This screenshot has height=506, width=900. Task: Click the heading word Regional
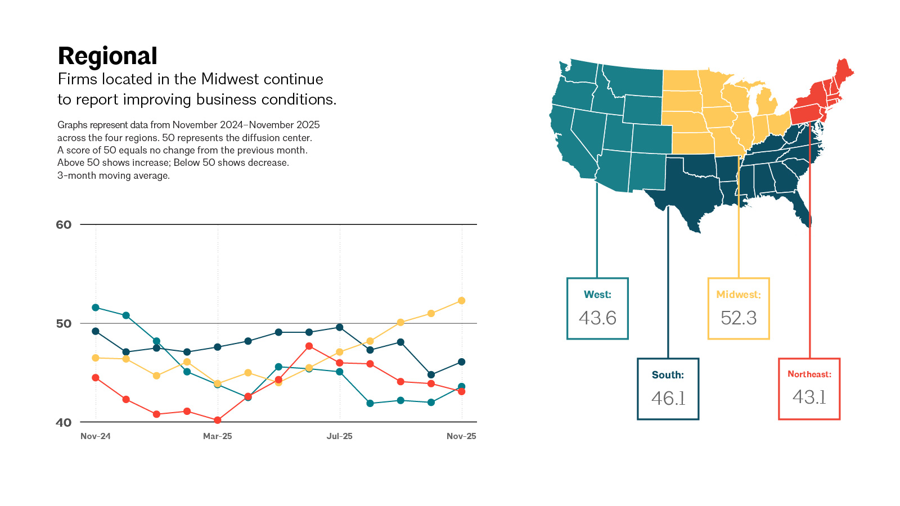107,56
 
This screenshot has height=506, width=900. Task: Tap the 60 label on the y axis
64,224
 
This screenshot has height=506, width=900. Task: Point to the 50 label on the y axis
64,323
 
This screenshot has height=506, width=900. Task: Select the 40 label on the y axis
64,422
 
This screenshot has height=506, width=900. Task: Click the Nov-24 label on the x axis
95,436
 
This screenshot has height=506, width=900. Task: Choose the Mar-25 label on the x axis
217,436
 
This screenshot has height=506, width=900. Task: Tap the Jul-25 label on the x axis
340,436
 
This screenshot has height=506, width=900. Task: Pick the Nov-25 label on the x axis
461,436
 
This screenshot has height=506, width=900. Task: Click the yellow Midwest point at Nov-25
462,301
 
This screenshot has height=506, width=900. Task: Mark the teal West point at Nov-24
96,308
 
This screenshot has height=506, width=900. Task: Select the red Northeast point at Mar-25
218,420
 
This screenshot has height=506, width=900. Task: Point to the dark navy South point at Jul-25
340,327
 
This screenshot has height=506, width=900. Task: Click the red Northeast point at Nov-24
96,377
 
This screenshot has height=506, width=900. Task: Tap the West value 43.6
597,318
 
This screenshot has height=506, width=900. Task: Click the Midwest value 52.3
739,318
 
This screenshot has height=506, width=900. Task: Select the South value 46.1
668,399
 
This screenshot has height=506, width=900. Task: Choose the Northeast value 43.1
809,397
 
